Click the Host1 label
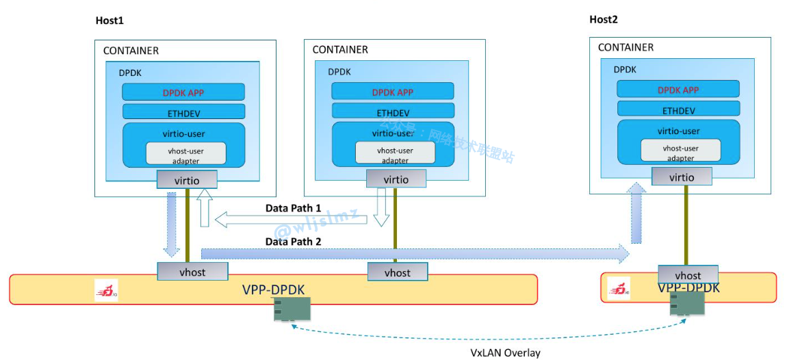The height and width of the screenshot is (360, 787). click(x=109, y=21)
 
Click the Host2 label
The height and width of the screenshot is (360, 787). click(x=603, y=20)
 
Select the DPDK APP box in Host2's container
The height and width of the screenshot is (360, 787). click(x=678, y=90)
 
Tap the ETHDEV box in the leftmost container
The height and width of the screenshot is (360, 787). click(x=183, y=112)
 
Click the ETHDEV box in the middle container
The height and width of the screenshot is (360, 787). click(x=393, y=112)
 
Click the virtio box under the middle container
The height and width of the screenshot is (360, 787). click(x=396, y=179)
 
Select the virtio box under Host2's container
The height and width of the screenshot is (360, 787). click(x=682, y=177)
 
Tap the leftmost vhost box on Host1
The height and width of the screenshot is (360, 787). click(x=192, y=272)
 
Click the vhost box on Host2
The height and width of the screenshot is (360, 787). click(x=688, y=275)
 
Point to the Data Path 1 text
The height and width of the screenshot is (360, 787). click(x=293, y=208)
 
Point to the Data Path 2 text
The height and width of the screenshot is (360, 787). click(x=294, y=241)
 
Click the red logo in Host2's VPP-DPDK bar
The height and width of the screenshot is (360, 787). click(x=619, y=290)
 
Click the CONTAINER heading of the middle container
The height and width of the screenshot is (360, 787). click(x=340, y=50)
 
